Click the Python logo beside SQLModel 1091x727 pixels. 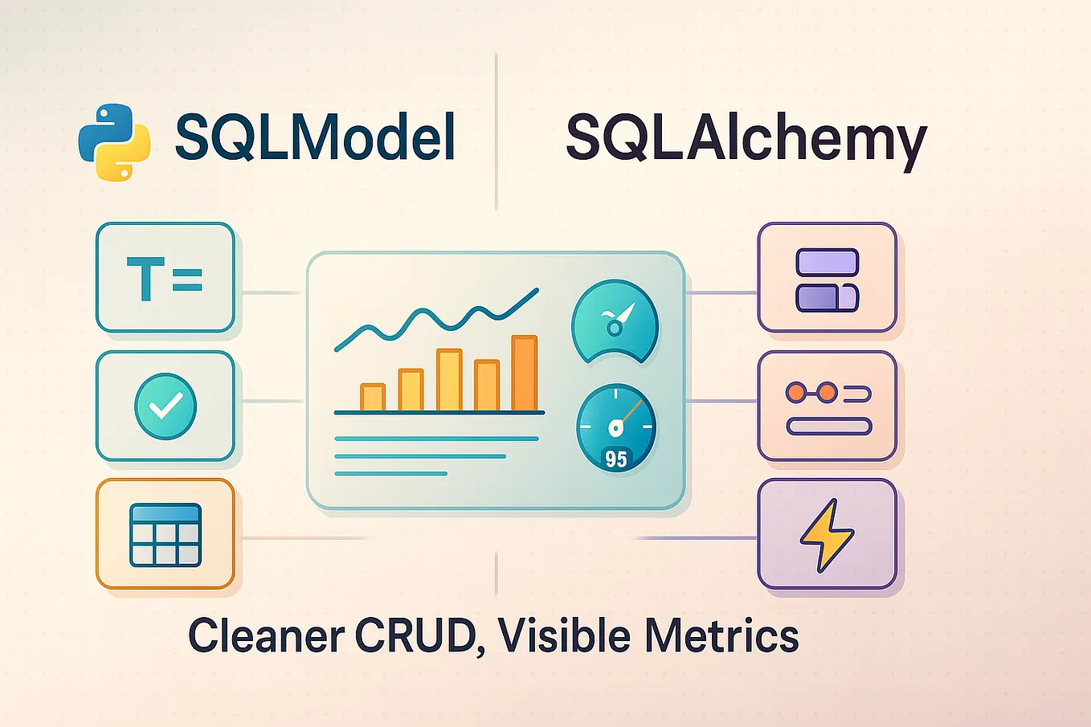[x=114, y=141]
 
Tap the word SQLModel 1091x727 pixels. [x=315, y=137]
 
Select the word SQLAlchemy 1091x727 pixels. [x=746, y=140]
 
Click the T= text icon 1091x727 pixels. [x=165, y=278]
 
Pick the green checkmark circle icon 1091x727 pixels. [x=165, y=406]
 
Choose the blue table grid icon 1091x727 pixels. [x=165, y=534]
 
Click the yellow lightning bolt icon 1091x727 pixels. [x=827, y=534]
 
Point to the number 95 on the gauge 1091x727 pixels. [x=616, y=459]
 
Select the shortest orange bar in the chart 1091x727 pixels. [x=373, y=398]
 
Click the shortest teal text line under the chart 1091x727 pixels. [x=390, y=474]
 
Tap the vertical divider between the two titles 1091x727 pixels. [x=496, y=133]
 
